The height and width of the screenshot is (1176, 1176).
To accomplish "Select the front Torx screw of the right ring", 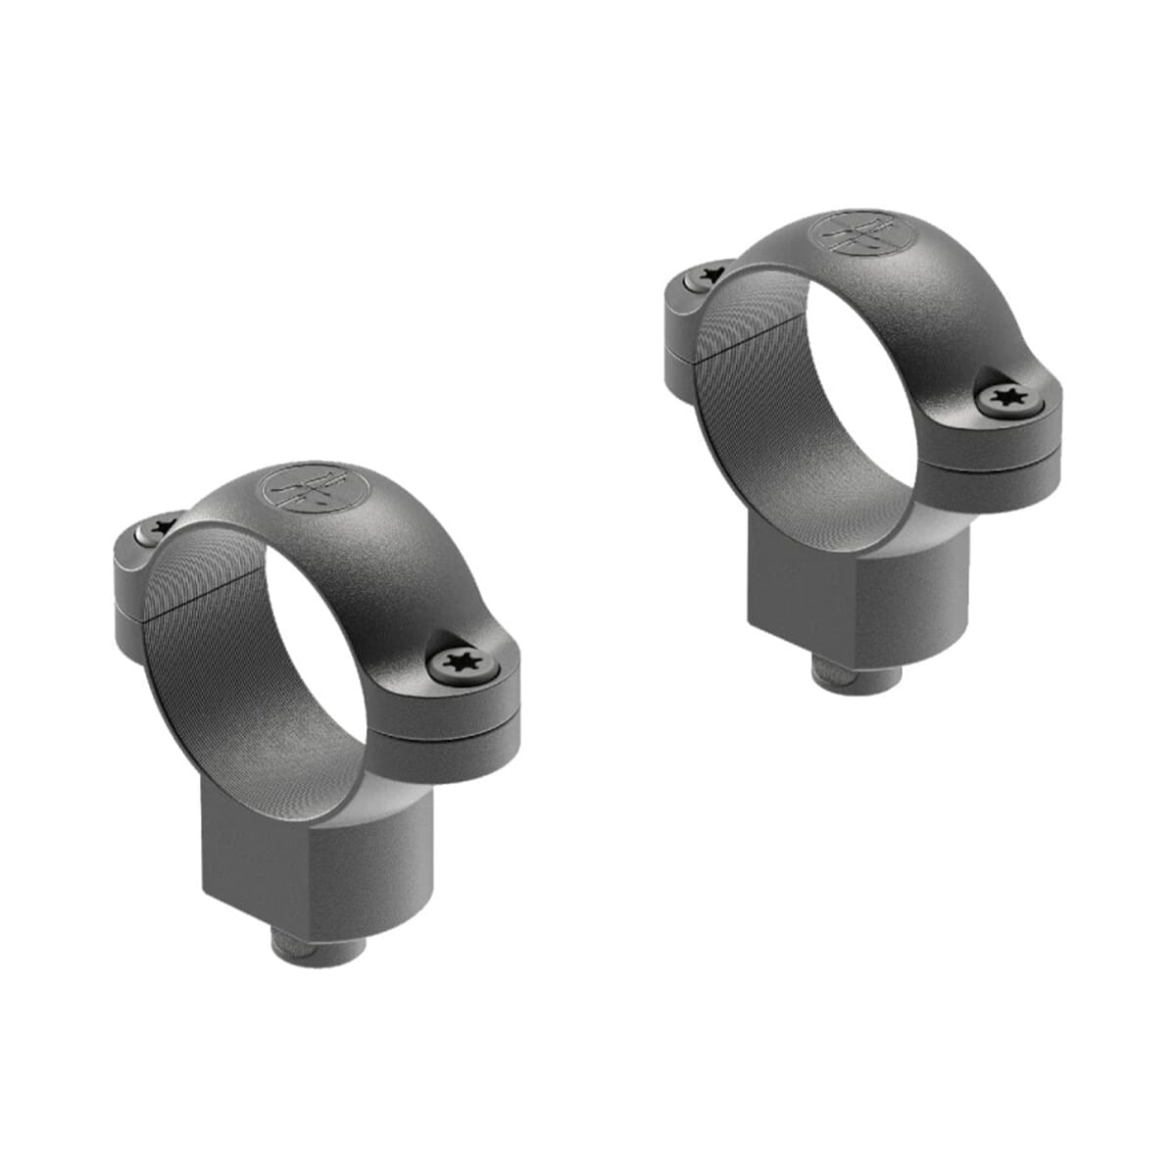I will [1006, 399].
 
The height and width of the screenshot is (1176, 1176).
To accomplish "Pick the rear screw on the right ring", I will [709, 277].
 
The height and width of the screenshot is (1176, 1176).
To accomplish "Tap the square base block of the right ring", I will [862, 598].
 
